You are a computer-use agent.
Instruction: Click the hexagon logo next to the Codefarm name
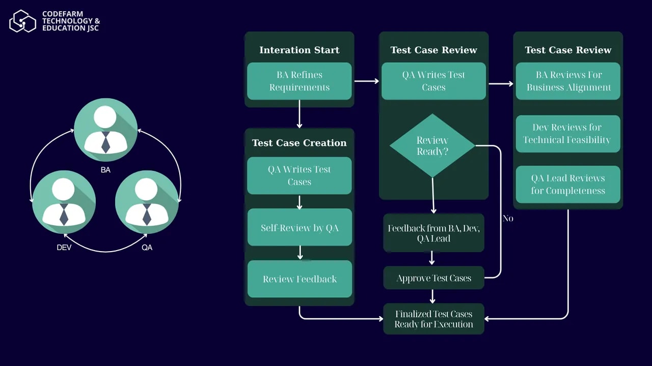[x=22, y=21]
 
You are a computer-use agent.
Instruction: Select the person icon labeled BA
[x=105, y=130]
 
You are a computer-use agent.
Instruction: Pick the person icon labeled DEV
[x=64, y=202]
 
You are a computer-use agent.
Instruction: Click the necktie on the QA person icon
[x=147, y=214]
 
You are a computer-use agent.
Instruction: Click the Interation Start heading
[x=299, y=50]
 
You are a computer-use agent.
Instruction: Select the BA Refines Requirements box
[x=299, y=81]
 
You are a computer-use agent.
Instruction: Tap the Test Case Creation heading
[x=299, y=143]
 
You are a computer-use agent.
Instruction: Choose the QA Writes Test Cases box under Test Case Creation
[x=299, y=175]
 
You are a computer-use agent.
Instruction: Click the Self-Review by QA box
[x=299, y=228]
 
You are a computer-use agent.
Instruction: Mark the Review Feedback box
[x=300, y=279]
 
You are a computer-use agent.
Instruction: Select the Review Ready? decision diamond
[x=432, y=146]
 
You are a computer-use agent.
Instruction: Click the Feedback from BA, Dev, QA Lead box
[x=433, y=233]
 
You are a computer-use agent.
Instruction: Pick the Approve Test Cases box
[x=433, y=278]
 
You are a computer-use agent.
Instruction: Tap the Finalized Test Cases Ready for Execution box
[x=433, y=319]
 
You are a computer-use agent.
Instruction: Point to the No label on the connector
[x=508, y=219]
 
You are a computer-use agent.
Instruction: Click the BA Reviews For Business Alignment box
[x=568, y=81]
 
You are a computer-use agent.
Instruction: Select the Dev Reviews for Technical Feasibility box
[x=567, y=134]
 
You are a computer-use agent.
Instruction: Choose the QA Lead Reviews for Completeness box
[x=568, y=185]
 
